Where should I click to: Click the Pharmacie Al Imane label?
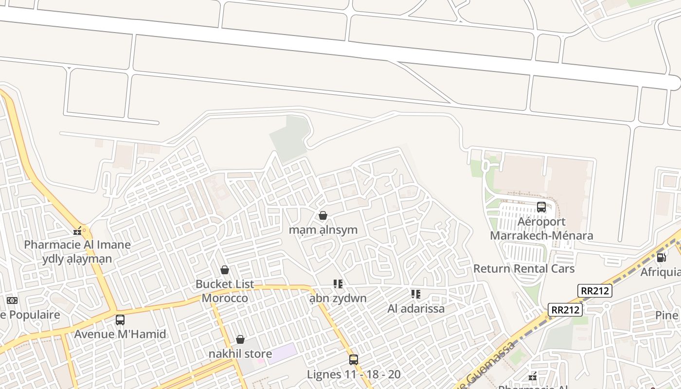point(77,245)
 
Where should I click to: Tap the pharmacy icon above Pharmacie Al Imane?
point(77,230)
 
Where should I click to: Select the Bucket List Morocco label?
point(225,291)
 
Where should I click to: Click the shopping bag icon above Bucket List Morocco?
point(225,269)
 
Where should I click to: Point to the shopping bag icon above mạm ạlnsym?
point(323,215)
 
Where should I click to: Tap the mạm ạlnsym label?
point(323,230)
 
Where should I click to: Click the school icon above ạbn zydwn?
point(338,283)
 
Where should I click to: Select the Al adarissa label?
point(416,308)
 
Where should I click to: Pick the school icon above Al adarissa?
point(416,294)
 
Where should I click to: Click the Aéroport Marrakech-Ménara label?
point(541,229)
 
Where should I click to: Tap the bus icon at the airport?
point(541,207)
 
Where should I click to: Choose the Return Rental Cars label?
point(524,268)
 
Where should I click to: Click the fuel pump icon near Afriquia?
point(661,257)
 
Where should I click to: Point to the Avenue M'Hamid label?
point(120,334)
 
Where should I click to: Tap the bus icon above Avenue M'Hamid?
point(120,319)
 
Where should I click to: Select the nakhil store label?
point(240,354)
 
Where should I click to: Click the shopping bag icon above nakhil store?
point(240,339)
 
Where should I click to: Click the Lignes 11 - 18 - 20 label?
point(354,374)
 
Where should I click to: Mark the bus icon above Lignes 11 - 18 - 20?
point(354,360)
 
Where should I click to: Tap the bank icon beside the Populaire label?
point(12,301)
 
